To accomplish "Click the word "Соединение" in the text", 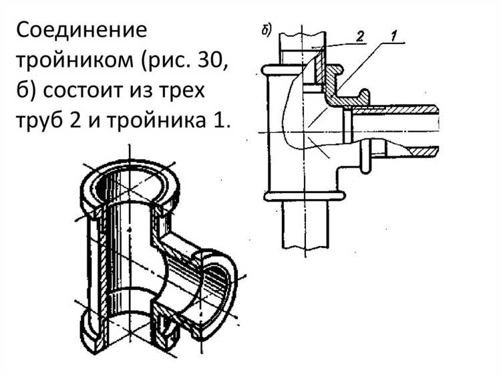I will click(81, 31).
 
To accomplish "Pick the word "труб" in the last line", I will click(43, 122).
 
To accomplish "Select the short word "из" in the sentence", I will click(142, 92).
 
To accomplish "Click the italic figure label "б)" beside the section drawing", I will click(265, 31).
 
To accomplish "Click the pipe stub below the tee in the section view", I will click(305, 224).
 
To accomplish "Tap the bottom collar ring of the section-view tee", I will click(305, 195).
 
